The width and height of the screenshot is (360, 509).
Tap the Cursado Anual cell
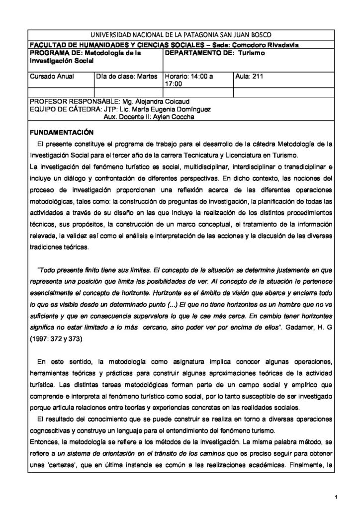click(52, 78)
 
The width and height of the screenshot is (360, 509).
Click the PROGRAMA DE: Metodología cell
click(86, 56)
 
